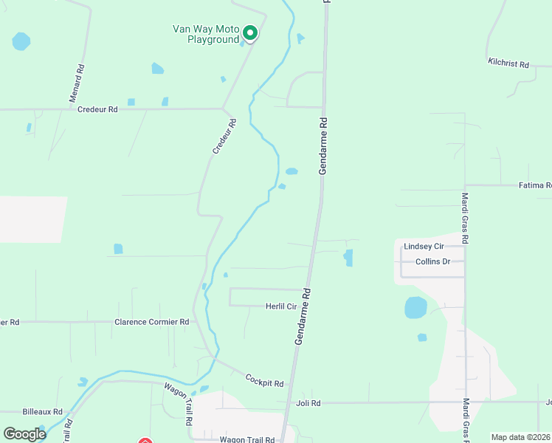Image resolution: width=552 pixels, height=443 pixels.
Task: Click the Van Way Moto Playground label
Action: click(207, 33)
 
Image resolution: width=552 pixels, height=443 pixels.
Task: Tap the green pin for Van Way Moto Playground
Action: click(250, 33)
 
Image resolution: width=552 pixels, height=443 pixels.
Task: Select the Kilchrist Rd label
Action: click(509, 65)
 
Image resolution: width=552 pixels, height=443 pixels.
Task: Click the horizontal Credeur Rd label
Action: click(97, 109)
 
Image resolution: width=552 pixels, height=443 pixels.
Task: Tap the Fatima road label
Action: click(535, 185)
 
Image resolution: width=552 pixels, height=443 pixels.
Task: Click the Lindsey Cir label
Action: click(424, 246)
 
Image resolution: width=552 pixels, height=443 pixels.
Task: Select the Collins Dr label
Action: click(432, 261)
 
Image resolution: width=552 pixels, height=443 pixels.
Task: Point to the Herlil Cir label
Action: click(281, 306)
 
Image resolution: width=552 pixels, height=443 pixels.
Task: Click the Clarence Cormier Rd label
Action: click(152, 322)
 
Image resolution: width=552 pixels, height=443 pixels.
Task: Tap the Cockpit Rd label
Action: click(264, 380)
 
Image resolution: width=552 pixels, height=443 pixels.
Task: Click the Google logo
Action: click(24, 434)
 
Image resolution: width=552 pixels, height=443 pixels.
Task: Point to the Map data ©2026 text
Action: click(520, 437)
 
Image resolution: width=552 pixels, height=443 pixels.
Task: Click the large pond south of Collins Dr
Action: click(415, 307)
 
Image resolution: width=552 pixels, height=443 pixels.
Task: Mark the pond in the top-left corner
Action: click(21, 41)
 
